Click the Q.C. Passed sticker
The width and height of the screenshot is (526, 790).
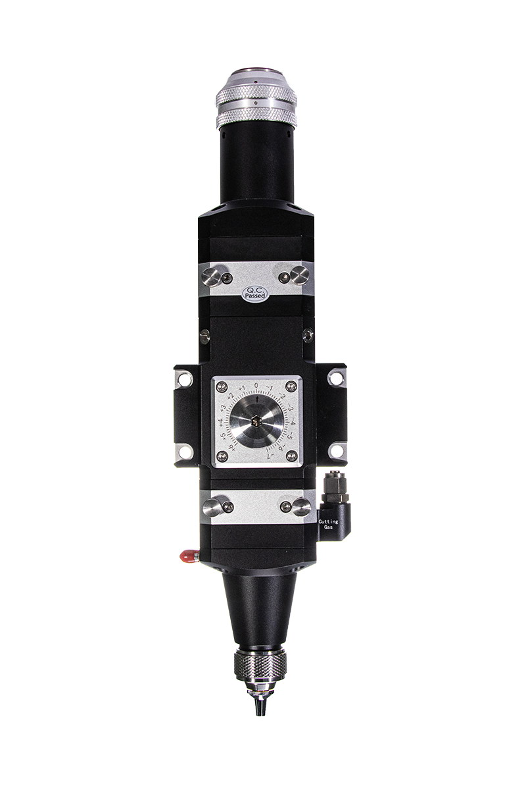[256, 294]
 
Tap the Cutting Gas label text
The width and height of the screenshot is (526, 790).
[328, 524]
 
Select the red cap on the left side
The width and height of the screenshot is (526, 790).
[188, 556]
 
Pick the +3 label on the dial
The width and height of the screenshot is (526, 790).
[223, 408]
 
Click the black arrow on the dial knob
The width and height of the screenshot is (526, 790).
[258, 399]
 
